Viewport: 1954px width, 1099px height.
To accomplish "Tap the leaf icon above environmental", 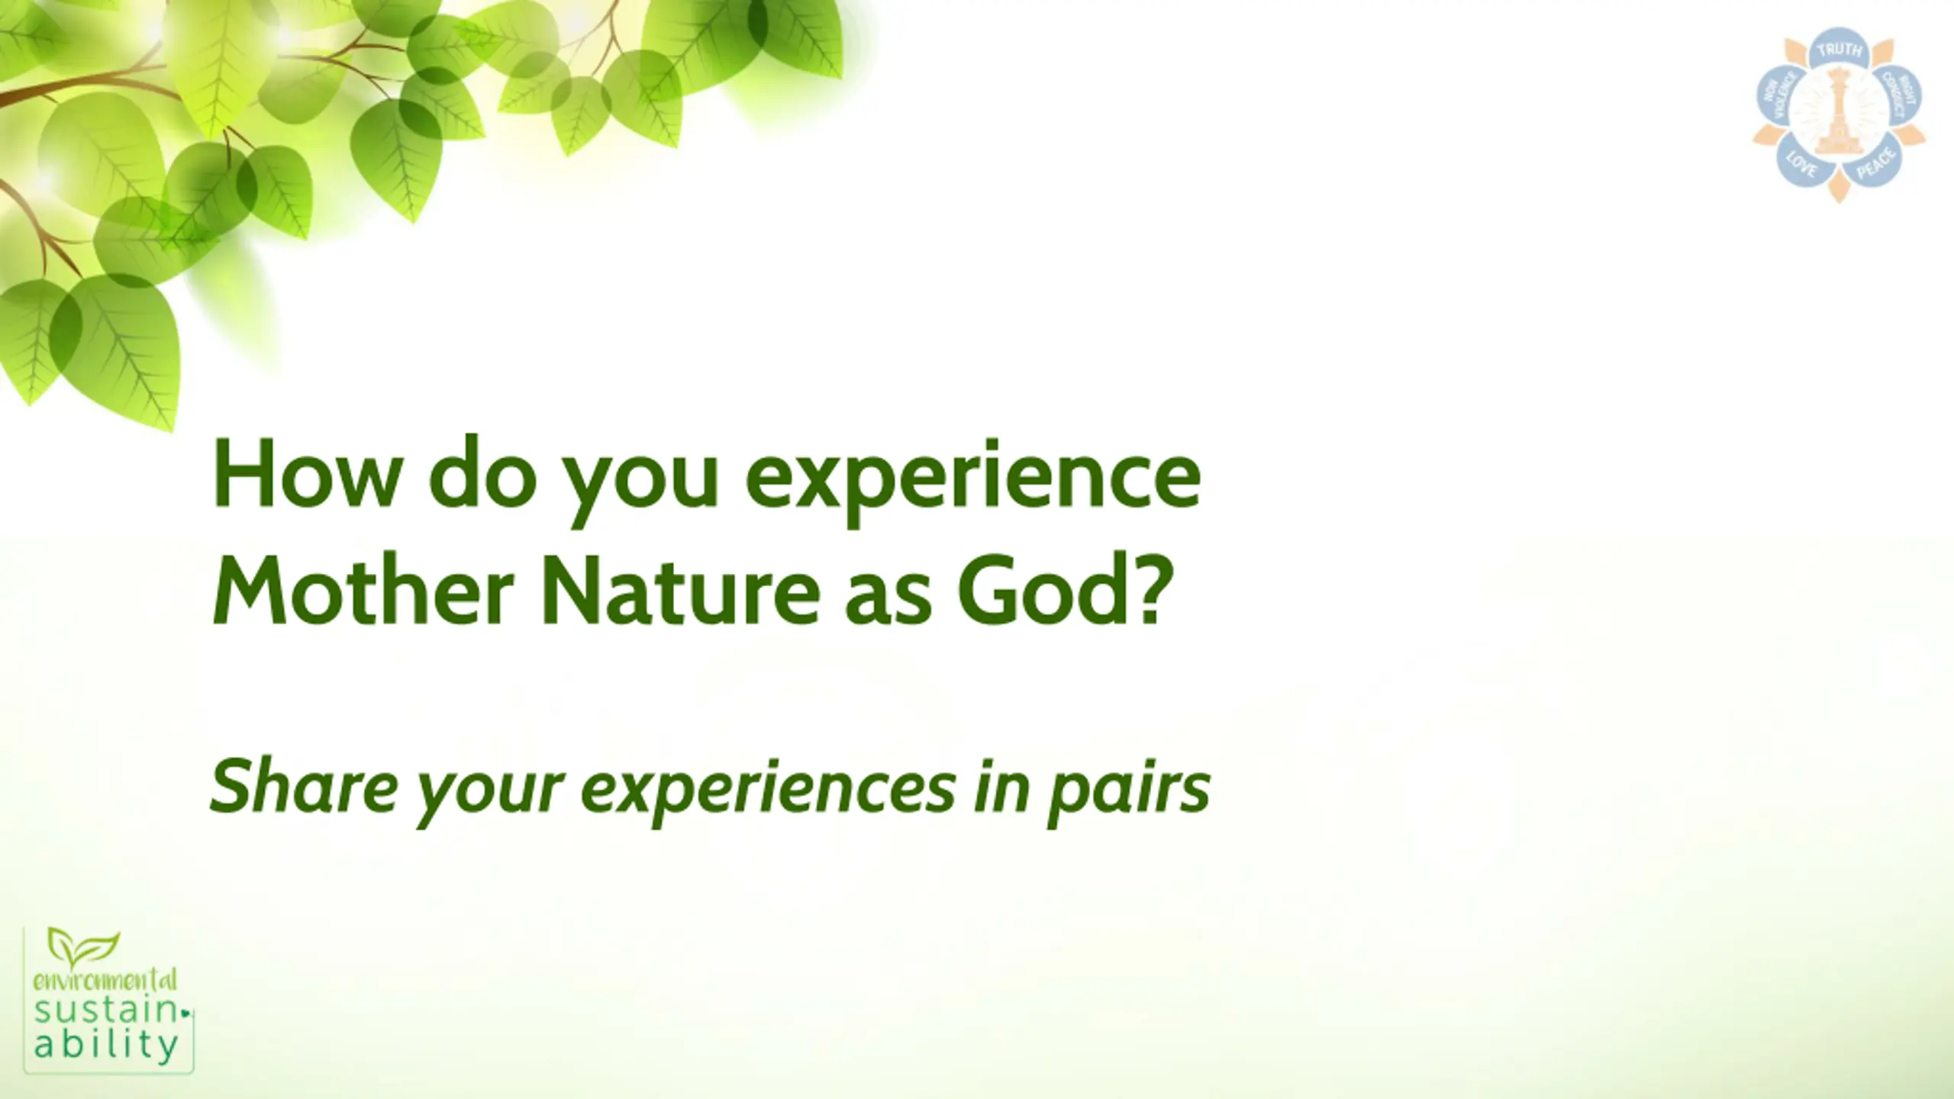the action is [x=83, y=946].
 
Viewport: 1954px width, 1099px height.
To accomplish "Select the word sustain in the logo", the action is [x=106, y=1011].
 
